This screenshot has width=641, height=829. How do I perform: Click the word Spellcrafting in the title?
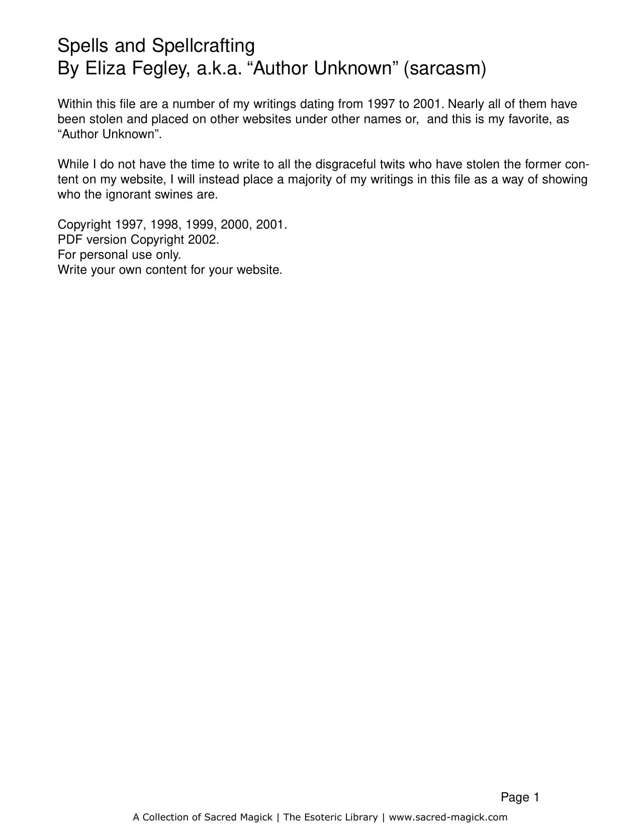coord(203,46)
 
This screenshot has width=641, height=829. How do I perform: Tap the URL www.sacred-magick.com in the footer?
coord(448,817)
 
